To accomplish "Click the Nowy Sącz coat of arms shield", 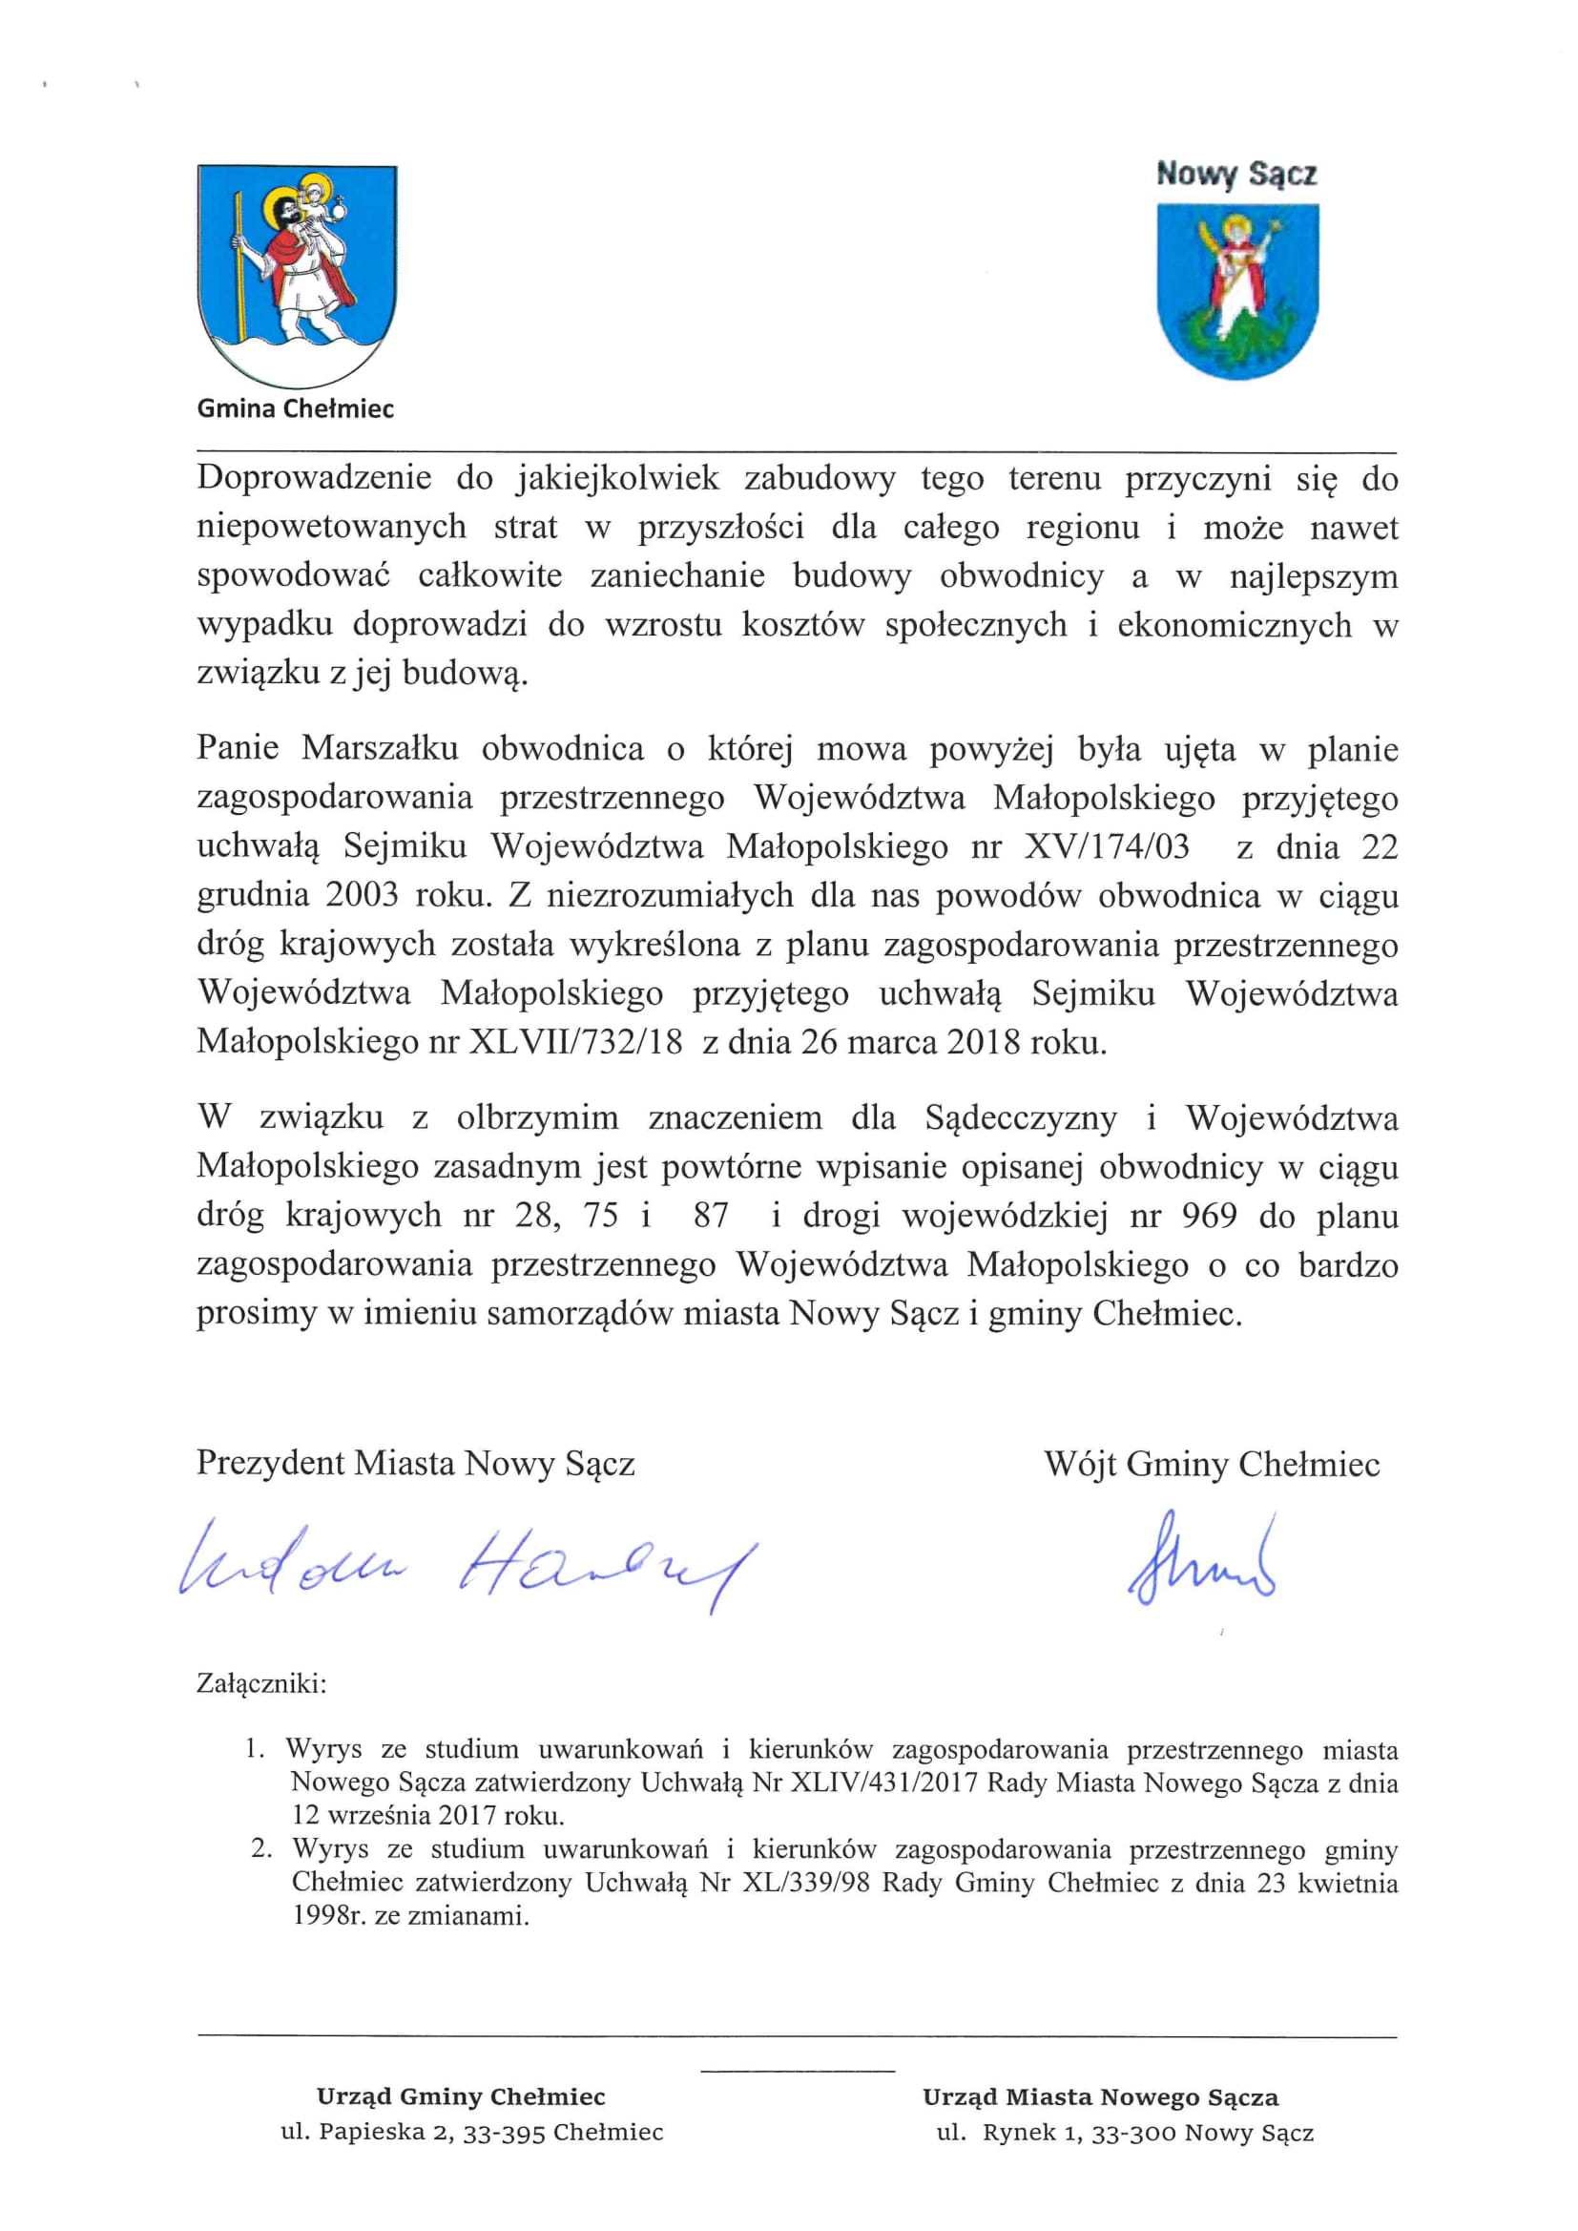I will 1237,288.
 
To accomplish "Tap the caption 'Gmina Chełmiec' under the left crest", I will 296,409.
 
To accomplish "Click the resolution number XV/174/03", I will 1107,847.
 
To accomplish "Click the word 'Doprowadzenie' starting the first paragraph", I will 314,478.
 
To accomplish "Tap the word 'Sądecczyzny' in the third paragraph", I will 1020,1118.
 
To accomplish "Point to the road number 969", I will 1209,1217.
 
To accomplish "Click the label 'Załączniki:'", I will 261,1684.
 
